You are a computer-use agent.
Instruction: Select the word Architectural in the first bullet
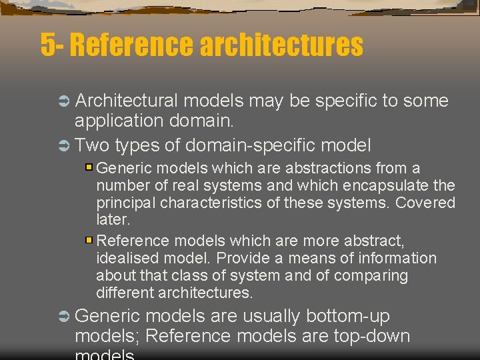pyautogui.click(x=127, y=101)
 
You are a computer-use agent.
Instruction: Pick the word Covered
pyautogui.click(x=425, y=203)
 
